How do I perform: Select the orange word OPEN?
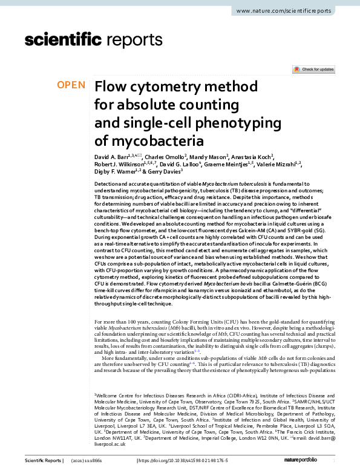pyautogui.click(x=71, y=85)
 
